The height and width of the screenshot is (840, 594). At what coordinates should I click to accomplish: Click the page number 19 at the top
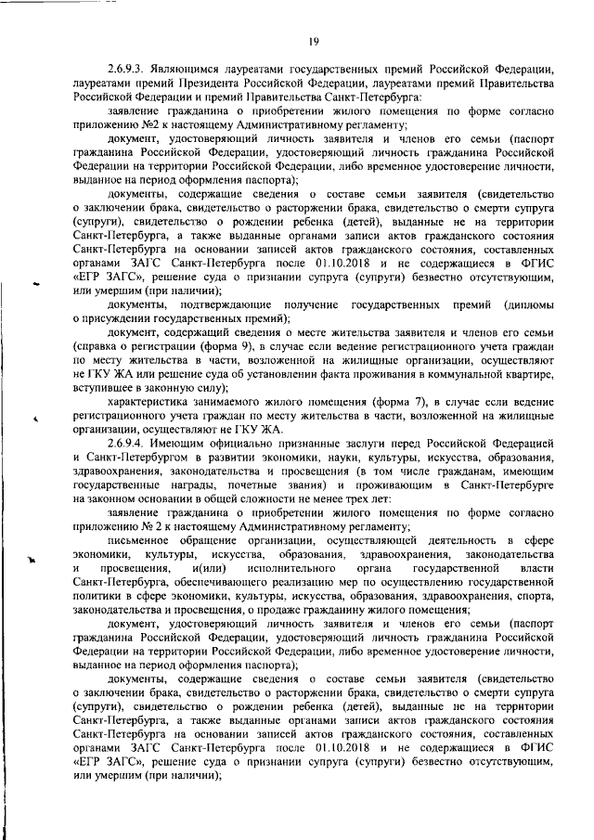314,40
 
